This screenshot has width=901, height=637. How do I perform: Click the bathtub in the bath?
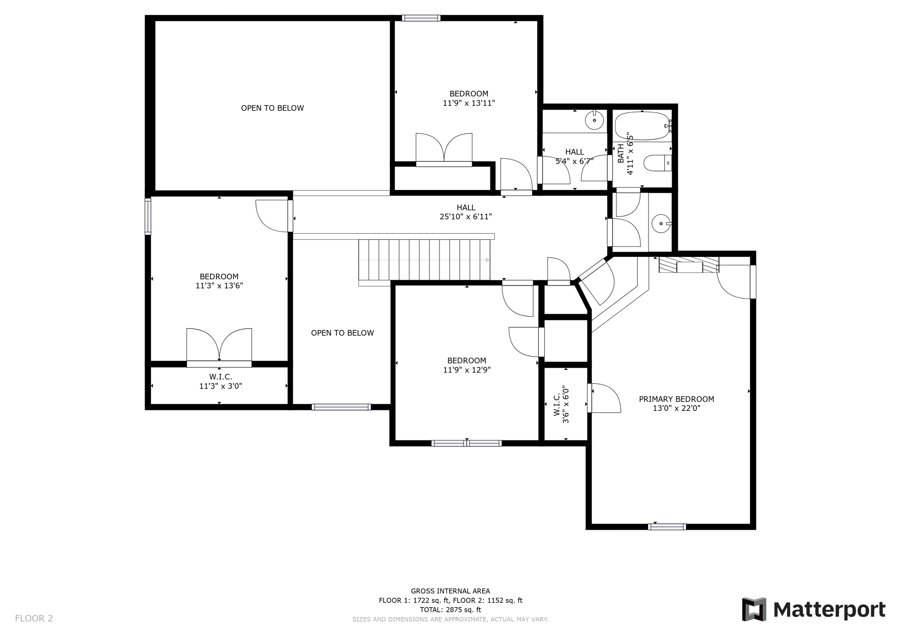point(642,126)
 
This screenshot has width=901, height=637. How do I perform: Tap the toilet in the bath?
point(657,163)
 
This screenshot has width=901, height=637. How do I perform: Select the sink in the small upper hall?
point(594,120)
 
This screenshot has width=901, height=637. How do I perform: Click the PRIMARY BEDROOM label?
point(676,399)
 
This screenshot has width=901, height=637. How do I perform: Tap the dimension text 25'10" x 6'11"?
point(465,217)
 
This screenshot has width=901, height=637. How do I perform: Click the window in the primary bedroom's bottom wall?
point(667,527)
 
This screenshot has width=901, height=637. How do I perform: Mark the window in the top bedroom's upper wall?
point(421,18)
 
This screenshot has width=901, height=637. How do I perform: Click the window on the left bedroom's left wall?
point(148,216)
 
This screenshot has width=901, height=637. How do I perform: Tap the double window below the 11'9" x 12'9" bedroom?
point(466,443)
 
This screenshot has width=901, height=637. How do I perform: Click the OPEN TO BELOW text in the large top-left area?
point(272,108)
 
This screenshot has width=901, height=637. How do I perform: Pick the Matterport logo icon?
point(754,609)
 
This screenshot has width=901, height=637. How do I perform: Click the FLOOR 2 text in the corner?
point(34,619)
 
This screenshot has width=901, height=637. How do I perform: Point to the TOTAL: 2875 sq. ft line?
point(450,610)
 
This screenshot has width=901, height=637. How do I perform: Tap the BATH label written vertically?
point(621,154)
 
